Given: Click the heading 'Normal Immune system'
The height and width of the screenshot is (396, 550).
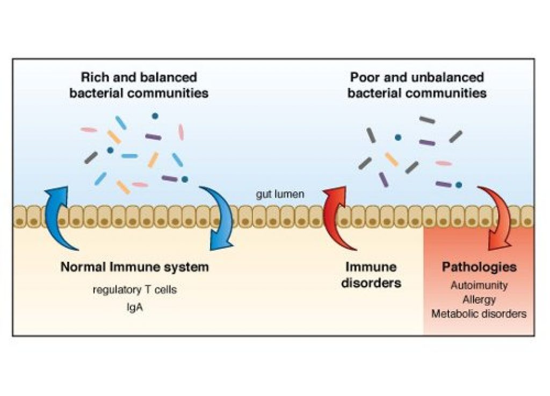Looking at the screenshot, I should [134, 267].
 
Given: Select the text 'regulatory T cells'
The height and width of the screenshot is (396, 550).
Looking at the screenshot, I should [134, 290].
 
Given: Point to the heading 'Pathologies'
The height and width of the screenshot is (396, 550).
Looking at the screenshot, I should [479, 267].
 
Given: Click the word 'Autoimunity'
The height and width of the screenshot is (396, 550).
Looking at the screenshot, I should [479, 285].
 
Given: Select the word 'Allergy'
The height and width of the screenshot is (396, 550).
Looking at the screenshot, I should [479, 299].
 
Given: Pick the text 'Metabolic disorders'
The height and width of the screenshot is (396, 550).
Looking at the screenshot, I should [479, 314].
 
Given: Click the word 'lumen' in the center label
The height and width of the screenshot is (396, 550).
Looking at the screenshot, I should [291, 194].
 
